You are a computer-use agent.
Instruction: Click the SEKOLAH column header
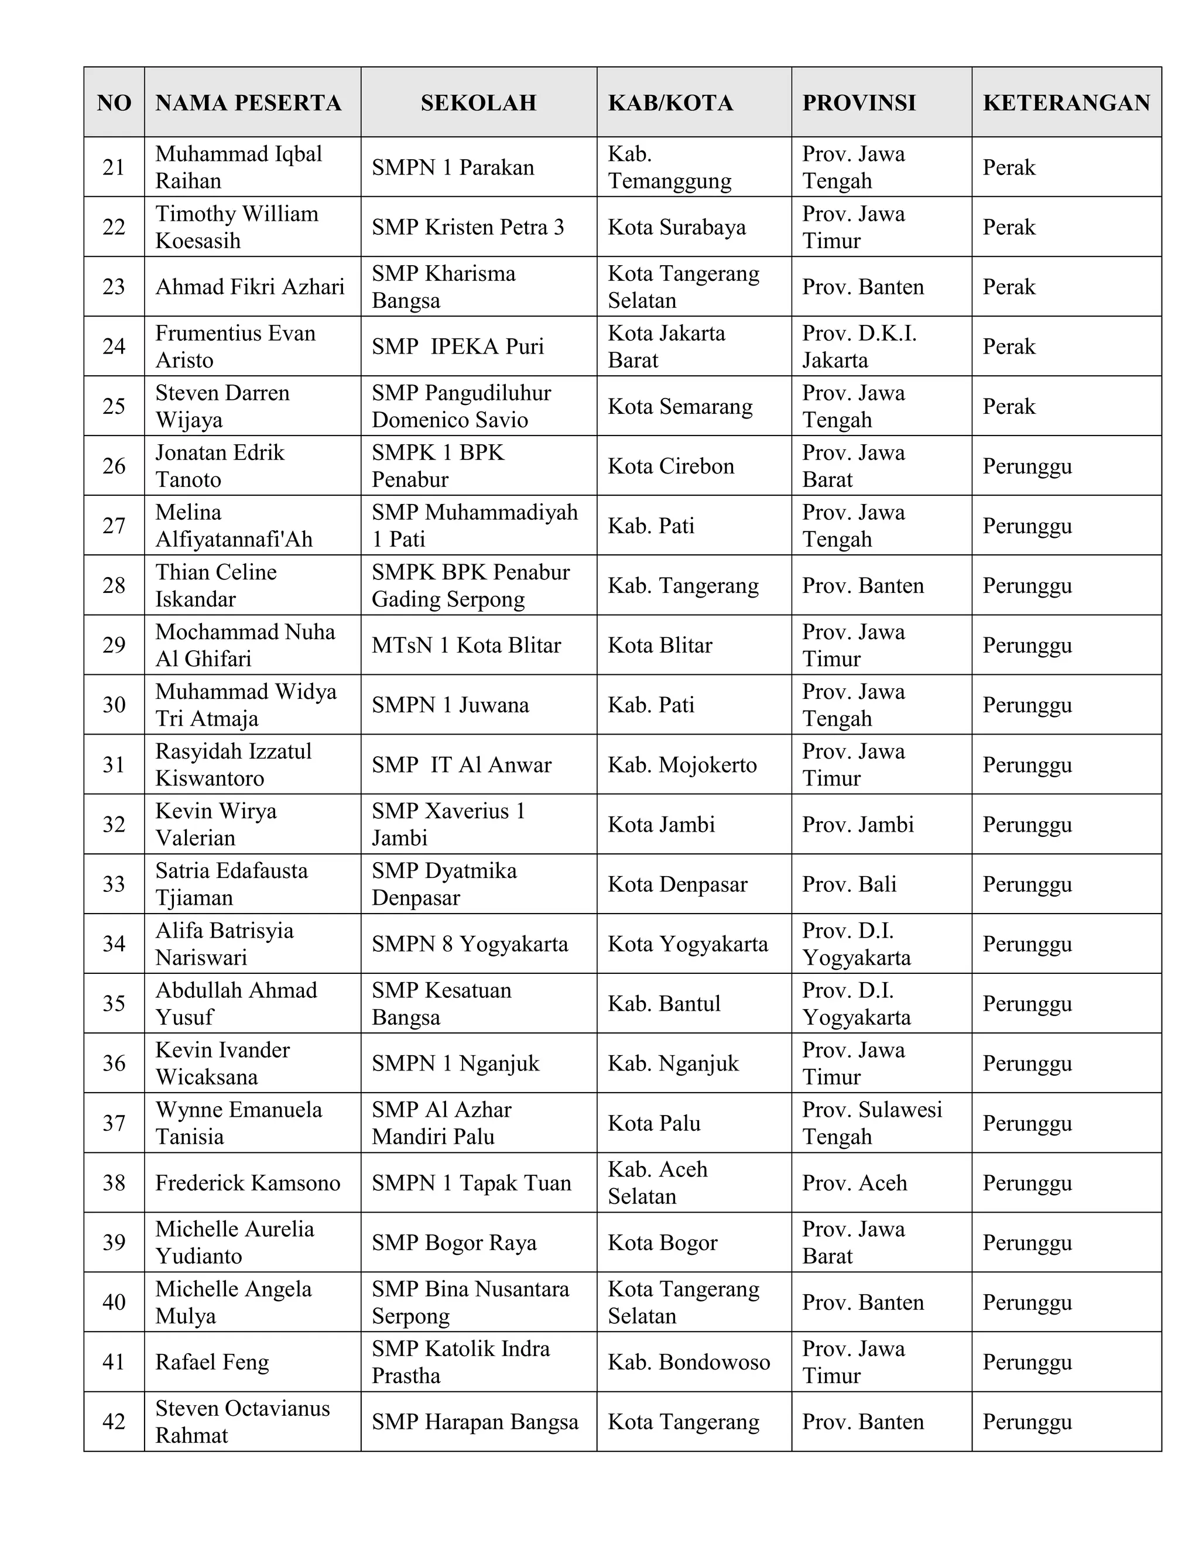click(478, 103)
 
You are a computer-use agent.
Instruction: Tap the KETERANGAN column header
click(1066, 103)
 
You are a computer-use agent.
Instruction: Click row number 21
click(114, 167)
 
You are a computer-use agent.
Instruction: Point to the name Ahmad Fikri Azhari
click(249, 287)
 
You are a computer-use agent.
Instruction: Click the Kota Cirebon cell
click(670, 466)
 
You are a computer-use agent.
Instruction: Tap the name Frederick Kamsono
click(247, 1183)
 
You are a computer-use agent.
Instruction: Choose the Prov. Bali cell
click(849, 884)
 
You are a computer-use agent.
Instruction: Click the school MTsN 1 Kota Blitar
click(466, 646)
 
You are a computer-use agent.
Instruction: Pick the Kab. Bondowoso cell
click(688, 1362)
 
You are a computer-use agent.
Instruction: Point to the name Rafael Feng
click(212, 1362)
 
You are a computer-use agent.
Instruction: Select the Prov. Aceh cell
click(855, 1183)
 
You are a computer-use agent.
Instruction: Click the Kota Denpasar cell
click(677, 884)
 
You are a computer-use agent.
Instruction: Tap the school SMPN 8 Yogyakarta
click(470, 944)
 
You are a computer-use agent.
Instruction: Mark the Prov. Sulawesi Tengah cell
click(872, 1124)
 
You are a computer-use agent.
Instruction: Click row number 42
click(114, 1422)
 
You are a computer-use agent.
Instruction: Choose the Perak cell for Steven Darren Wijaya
click(1009, 406)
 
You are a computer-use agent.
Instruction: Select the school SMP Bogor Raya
click(454, 1243)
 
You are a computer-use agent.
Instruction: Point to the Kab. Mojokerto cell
click(682, 765)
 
